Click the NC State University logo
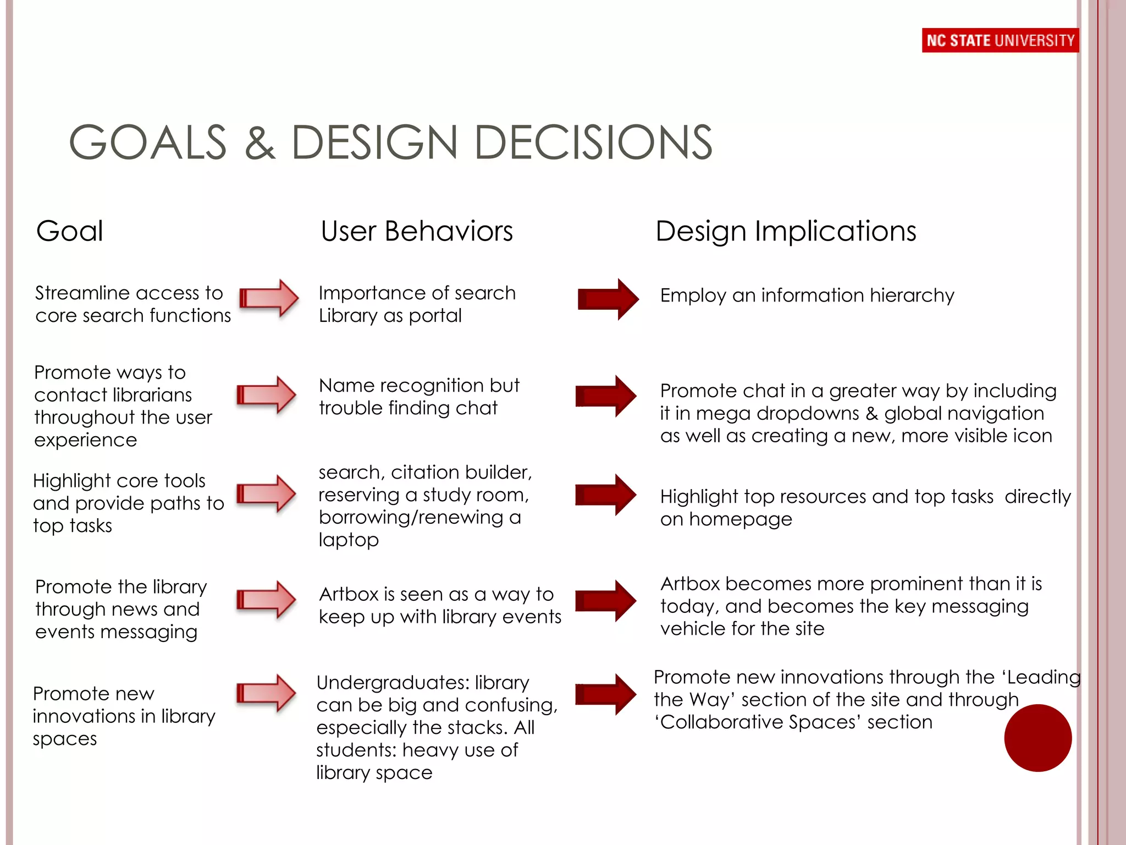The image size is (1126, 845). click(x=1000, y=40)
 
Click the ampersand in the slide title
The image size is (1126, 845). click(x=260, y=143)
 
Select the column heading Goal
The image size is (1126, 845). click(x=69, y=231)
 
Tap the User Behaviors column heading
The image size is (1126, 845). click(x=417, y=231)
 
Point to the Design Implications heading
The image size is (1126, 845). click(x=786, y=231)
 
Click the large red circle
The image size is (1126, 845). click(x=1037, y=738)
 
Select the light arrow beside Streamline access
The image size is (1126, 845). click(x=269, y=298)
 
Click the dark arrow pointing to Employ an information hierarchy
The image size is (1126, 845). click(x=608, y=299)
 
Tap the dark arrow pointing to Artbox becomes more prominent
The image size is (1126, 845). click(x=606, y=601)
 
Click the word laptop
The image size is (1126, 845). click(x=349, y=540)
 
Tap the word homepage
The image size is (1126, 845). click(x=740, y=520)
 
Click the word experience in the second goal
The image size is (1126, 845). click(x=85, y=440)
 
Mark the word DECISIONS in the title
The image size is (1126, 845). click(x=593, y=143)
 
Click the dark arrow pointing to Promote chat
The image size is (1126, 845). click(x=606, y=396)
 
